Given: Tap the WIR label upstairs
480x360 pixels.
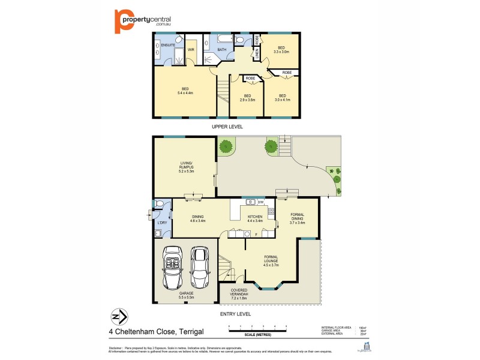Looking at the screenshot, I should click(x=191, y=49).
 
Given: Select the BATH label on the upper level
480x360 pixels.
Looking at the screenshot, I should click(x=221, y=49).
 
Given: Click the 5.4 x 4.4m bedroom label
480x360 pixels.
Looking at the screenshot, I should click(x=185, y=91).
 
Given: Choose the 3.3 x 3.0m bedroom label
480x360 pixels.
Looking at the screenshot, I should click(x=281, y=50).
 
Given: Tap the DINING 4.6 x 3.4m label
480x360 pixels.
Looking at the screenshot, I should click(x=198, y=218).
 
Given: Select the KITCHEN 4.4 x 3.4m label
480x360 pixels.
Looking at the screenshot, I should click(x=256, y=218).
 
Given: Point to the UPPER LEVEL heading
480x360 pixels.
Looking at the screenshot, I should click(x=227, y=127).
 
